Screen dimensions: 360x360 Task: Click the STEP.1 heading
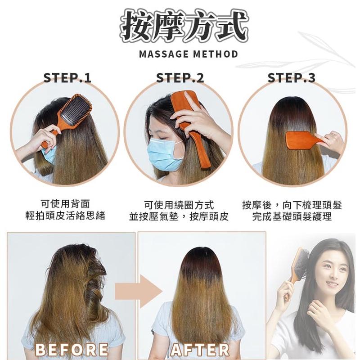(67, 77)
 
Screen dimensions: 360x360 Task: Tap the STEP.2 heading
(180, 77)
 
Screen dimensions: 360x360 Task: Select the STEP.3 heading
(291, 77)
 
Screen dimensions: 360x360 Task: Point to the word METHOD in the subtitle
(216, 54)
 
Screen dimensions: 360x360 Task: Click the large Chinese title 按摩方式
(184, 26)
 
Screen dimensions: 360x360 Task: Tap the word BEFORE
(72, 350)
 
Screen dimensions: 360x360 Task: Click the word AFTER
(200, 350)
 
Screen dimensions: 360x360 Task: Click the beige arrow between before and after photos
(139, 292)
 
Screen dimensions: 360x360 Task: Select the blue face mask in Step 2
(163, 155)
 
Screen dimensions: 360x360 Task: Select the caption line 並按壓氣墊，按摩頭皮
(179, 216)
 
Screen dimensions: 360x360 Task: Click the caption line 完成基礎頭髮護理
(292, 216)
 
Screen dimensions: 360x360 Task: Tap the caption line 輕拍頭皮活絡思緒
(65, 216)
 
